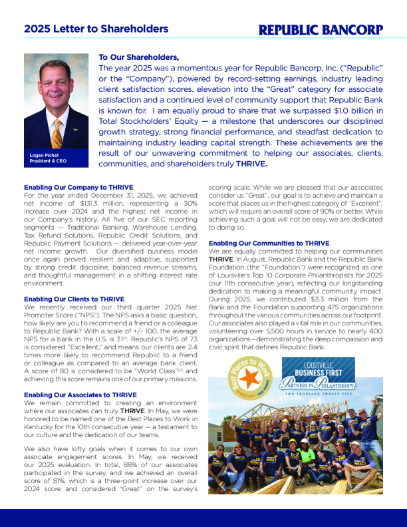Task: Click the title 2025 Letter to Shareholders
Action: (x=96, y=29)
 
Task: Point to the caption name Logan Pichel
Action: (x=45, y=155)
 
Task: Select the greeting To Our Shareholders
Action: (x=138, y=57)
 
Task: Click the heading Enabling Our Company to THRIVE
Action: (x=78, y=187)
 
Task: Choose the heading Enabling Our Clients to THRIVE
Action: (x=74, y=299)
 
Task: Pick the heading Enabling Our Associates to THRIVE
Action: (x=80, y=395)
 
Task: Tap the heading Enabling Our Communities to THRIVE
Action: (x=269, y=244)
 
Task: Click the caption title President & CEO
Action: (x=49, y=161)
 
